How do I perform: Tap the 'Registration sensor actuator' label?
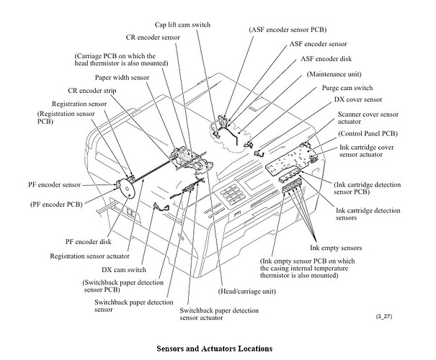[x=90, y=255]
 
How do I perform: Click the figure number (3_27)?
[x=385, y=317]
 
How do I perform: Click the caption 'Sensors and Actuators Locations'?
[x=215, y=348]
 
